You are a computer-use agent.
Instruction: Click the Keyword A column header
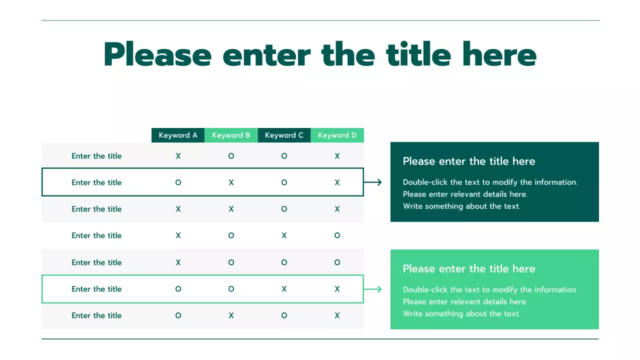coord(178,135)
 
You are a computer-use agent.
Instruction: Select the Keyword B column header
coord(231,135)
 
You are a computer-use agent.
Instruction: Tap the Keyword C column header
coord(284,135)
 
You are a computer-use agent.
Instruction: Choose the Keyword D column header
coord(337,135)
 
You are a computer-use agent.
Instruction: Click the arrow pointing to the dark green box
coord(373,182)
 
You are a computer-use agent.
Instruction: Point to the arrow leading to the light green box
coord(373,289)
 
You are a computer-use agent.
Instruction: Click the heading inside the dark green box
coord(468,161)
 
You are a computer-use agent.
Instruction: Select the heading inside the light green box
coord(468,268)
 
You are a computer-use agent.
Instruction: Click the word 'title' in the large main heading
coord(418,55)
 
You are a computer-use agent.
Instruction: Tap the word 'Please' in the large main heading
coord(157,55)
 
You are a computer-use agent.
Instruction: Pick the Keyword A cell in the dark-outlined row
coord(178,182)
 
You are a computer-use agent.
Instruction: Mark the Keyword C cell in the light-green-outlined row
coord(284,289)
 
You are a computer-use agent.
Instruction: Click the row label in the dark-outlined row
coord(96,182)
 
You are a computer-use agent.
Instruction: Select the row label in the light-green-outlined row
coord(96,289)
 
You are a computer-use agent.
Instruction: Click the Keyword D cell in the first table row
coord(337,156)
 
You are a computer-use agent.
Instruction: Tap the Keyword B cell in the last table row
coord(231,315)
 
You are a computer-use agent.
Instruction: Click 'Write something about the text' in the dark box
coord(461,206)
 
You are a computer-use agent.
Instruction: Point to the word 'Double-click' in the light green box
coord(425,289)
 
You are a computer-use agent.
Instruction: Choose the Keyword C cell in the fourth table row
coord(284,235)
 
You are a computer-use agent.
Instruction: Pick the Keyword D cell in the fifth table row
coord(337,262)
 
